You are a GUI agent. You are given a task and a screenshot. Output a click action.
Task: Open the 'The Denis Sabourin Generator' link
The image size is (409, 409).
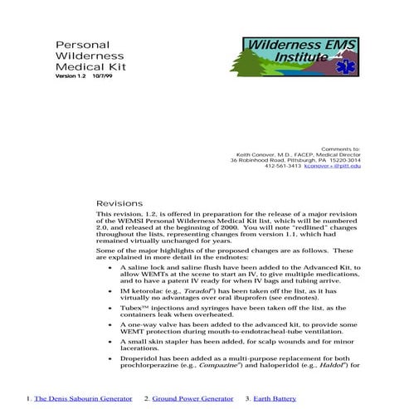(x=82, y=399)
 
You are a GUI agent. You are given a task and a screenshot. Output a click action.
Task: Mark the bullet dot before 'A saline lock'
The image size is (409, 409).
(x=110, y=269)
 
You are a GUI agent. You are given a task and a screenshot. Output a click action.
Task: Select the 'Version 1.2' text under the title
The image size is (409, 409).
(x=71, y=76)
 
